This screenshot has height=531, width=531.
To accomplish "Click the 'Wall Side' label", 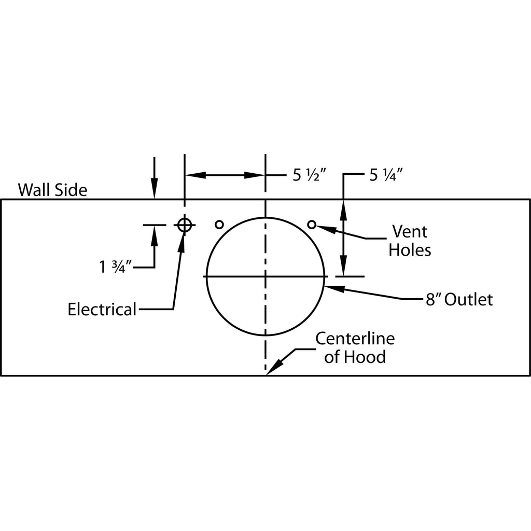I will pos(52,189).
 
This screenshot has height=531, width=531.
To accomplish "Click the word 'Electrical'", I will pos(102,310).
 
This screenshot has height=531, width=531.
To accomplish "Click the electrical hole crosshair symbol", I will pos(185,225).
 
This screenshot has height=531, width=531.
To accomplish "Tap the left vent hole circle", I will pos(219,225).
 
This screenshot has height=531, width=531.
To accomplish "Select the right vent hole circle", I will pos(312,225).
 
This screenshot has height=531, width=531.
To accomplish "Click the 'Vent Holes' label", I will pos(410,240).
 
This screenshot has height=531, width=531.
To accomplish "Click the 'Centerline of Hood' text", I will pos(355,347).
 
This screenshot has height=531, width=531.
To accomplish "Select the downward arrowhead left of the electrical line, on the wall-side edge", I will pos(154,191).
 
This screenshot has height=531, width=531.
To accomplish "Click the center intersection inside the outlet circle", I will pos(265,276).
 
